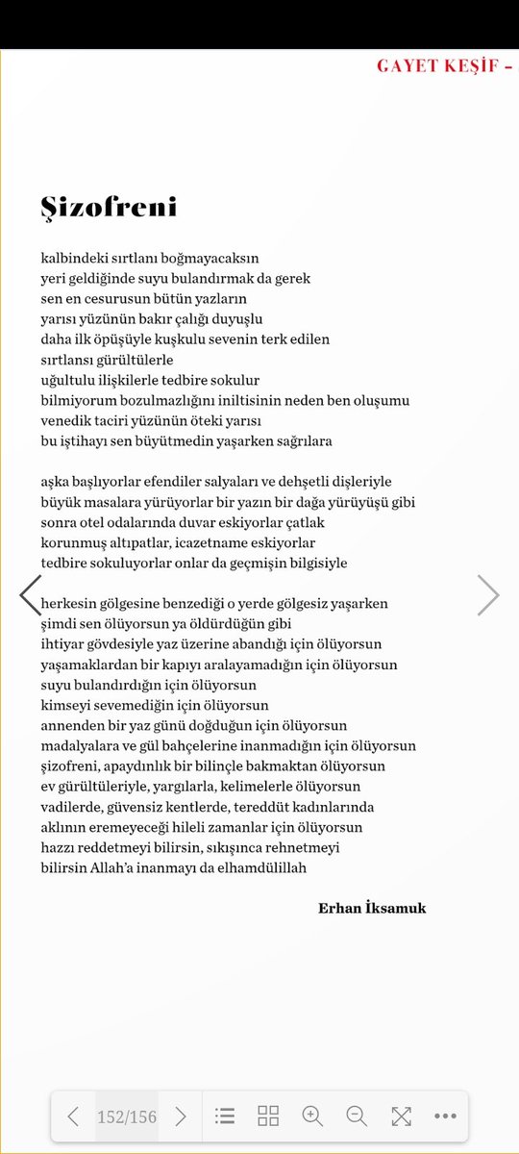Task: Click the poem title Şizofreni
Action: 109,208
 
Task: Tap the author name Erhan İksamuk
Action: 371,908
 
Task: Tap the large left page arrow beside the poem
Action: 31,595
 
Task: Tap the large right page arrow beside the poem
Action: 488,595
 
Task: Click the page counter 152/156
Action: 126,1116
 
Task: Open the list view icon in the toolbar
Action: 225,1116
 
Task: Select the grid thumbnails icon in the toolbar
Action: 268,1116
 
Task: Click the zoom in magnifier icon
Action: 312,1116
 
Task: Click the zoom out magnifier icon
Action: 357,1116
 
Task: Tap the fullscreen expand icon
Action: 401,1116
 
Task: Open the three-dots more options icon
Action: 445,1116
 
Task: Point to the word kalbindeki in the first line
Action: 74,259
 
